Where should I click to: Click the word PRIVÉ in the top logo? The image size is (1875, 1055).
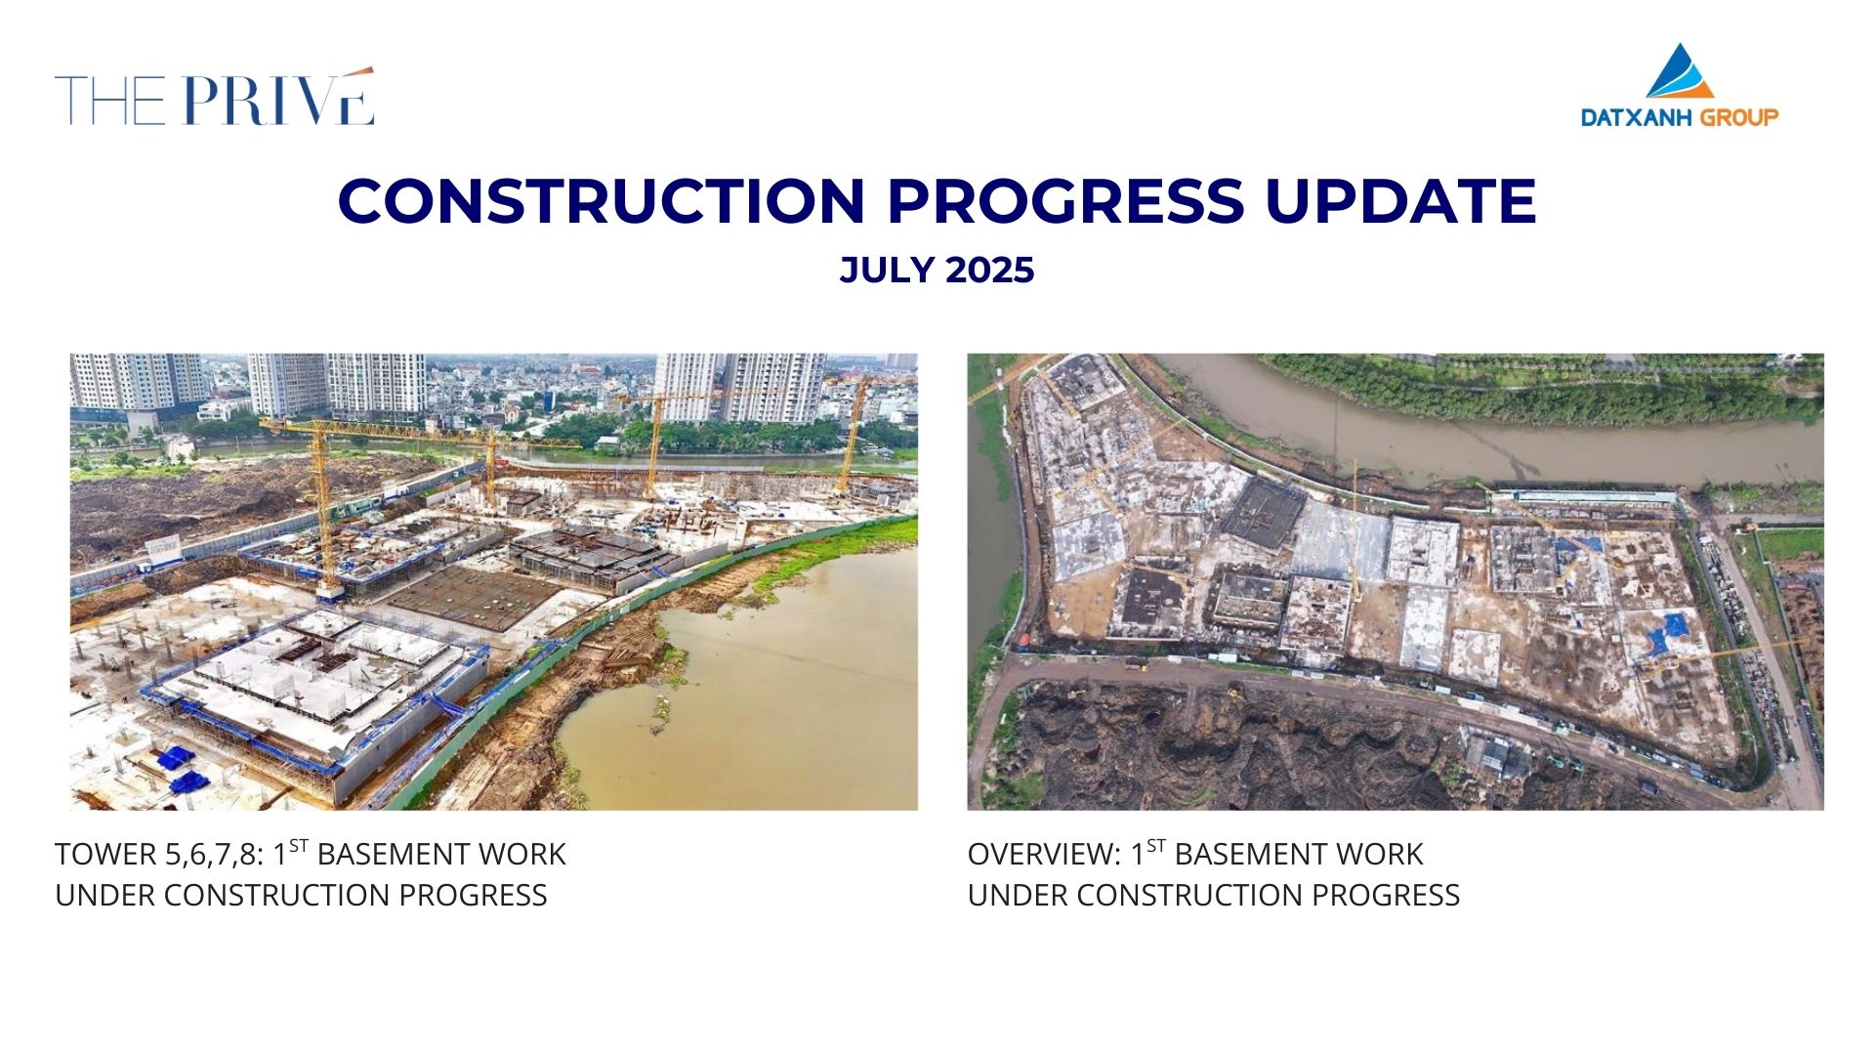pyautogui.click(x=278, y=100)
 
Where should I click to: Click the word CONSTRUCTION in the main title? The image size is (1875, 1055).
pyautogui.click(x=602, y=200)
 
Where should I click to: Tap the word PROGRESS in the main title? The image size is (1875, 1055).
pyautogui.click(x=1065, y=200)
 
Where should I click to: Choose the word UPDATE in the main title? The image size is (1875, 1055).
pyautogui.click(x=1400, y=200)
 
